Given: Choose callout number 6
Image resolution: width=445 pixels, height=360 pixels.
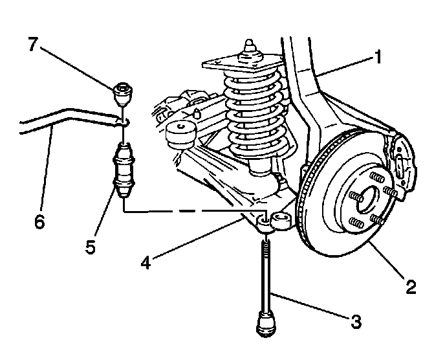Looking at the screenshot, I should tap(39, 221).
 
